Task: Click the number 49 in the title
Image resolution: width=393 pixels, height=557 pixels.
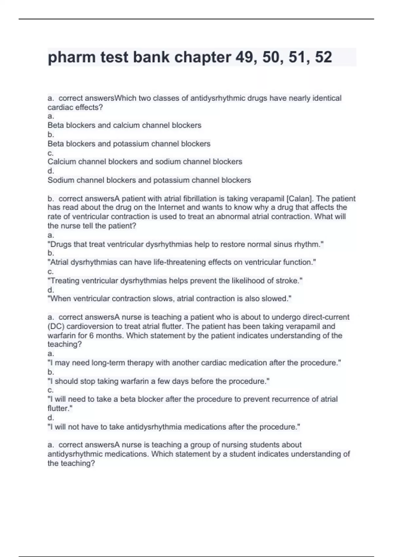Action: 245,57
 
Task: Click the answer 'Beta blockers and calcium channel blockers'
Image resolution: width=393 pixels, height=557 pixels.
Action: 124,125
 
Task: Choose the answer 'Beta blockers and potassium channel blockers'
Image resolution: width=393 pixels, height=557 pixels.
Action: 129,144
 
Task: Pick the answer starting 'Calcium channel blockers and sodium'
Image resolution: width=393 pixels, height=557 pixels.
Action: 145,162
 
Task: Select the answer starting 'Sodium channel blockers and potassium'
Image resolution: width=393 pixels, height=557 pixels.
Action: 149,180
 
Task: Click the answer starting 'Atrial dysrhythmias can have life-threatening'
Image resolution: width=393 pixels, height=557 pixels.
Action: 182,262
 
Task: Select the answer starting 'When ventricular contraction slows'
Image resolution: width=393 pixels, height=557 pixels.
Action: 169,298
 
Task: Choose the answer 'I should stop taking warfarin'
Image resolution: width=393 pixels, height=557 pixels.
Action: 159,381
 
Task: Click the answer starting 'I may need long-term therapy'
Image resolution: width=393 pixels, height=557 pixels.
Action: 194,363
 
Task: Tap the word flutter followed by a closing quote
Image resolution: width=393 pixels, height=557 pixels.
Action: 59,408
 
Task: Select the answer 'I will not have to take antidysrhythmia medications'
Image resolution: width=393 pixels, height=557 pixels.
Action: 174,427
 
